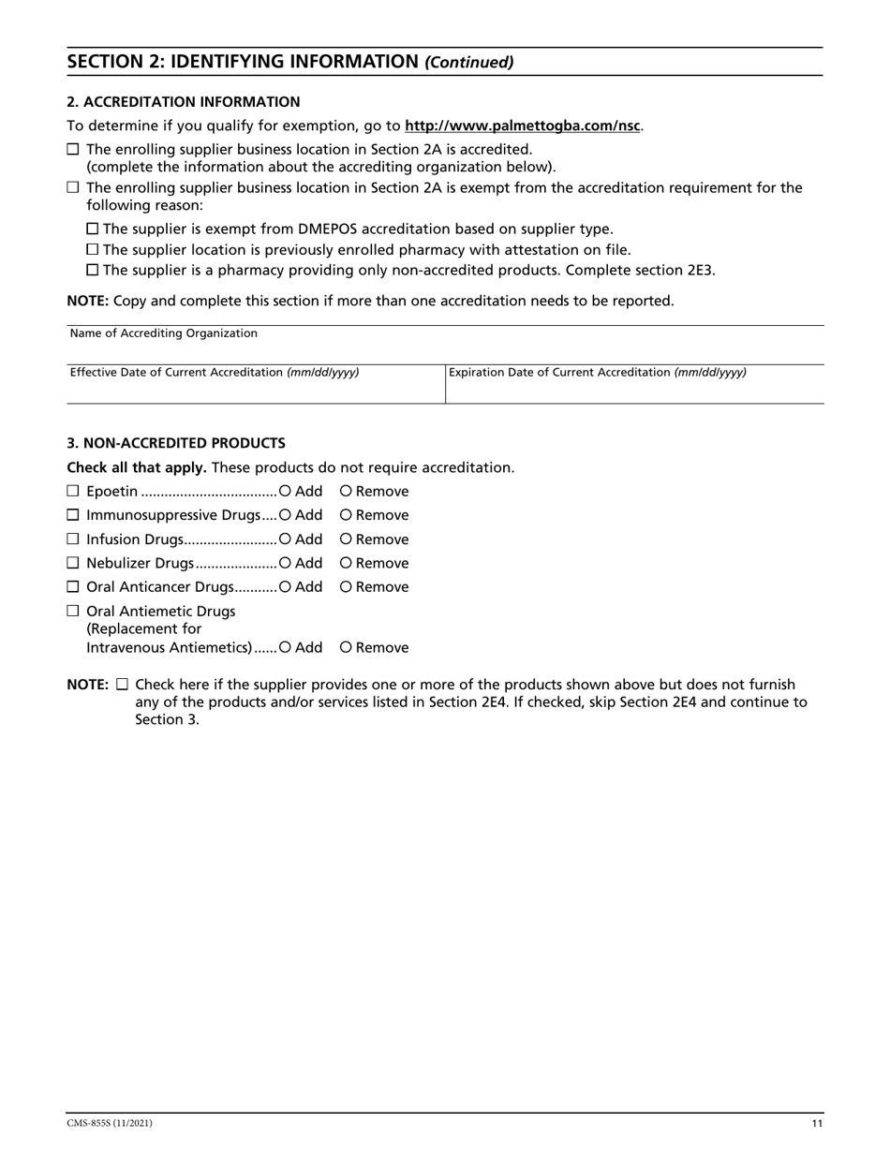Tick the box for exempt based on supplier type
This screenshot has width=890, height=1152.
point(92,229)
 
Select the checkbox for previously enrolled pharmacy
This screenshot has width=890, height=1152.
point(92,250)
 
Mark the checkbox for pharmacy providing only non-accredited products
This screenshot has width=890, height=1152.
point(92,271)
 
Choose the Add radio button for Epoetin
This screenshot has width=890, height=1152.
point(285,492)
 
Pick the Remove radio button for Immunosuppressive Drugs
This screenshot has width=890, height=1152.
point(346,515)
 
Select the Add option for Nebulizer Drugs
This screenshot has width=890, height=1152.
point(285,563)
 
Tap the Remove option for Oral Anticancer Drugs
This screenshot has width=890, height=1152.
point(346,587)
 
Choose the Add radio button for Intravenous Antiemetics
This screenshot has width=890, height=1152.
point(285,647)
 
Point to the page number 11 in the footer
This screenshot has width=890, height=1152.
point(817,1124)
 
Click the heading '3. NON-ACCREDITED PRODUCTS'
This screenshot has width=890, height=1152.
point(176,443)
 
